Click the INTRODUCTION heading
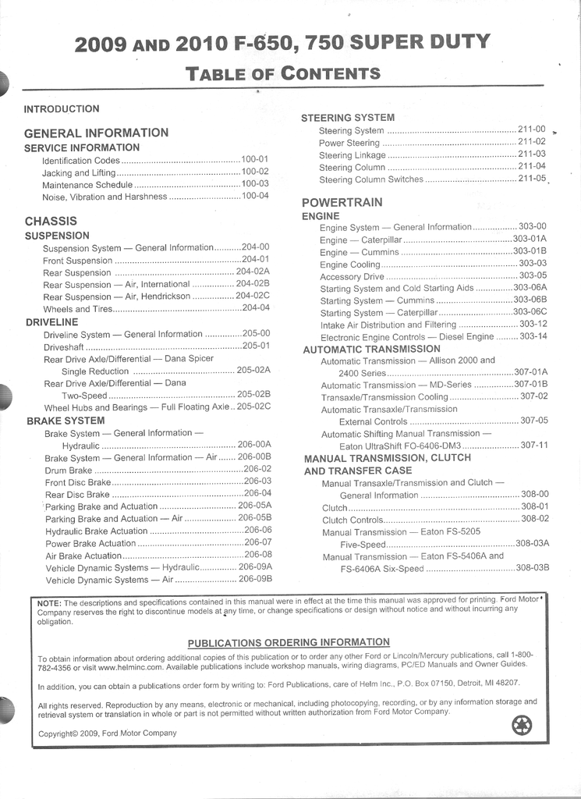pyautogui.click(x=62, y=109)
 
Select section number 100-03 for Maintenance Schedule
pyautogui.click(x=255, y=184)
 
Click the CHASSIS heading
pyautogui.click(x=51, y=221)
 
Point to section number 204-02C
pyautogui.click(x=253, y=296)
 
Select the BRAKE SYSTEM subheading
pyautogui.click(x=66, y=421)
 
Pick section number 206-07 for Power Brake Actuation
pyautogui.click(x=257, y=542)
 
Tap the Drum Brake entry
pyautogui.click(x=69, y=471)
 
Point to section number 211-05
pyautogui.click(x=532, y=179)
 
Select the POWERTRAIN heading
pyautogui.click(x=342, y=203)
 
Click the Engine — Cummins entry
pyautogui.click(x=360, y=252)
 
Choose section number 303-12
pyautogui.click(x=533, y=324)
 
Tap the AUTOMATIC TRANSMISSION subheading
pyautogui.click(x=371, y=349)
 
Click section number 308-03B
pyautogui.click(x=532, y=568)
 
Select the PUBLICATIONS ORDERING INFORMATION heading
pyautogui.click(x=289, y=642)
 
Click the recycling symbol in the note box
pyautogui.click(x=522, y=726)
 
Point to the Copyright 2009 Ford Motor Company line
pyautogui.click(x=108, y=733)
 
